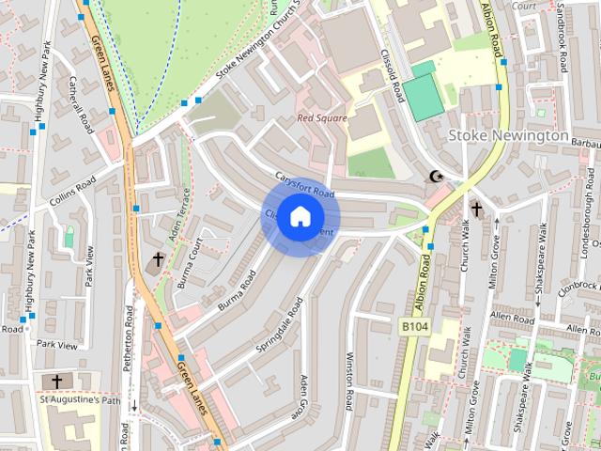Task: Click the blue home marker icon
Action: point(300,217)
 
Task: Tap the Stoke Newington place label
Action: point(508,135)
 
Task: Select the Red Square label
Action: point(322,118)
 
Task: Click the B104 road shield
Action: point(414,325)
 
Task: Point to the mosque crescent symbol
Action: point(436,176)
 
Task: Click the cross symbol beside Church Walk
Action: point(476,208)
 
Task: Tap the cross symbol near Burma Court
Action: point(158,258)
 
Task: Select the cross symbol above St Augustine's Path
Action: point(57,381)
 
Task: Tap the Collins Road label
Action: point(73,186)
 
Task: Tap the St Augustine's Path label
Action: point(80,401)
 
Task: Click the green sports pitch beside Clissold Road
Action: point(424,90)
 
